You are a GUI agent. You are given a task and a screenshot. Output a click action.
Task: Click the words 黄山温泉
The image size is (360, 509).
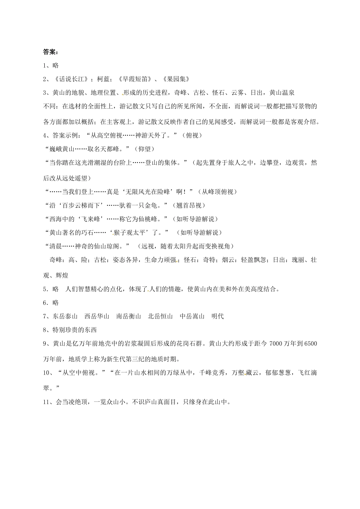click(282, 92)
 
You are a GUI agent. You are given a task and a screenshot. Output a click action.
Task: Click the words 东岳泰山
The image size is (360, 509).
click(65, 316)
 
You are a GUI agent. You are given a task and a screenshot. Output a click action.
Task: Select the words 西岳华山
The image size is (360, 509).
click(97, 316)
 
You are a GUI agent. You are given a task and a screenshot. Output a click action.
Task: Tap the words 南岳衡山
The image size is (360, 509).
click(128, 316)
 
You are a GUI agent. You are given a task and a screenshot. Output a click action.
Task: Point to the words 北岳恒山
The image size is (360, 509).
click(160, 316)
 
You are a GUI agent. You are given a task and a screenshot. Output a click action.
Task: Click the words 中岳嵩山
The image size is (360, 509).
click(192, 316)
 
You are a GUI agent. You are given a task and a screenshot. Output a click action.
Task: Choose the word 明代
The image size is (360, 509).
click(218, 316)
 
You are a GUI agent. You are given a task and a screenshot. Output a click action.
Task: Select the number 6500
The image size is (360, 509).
click(310, 343)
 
